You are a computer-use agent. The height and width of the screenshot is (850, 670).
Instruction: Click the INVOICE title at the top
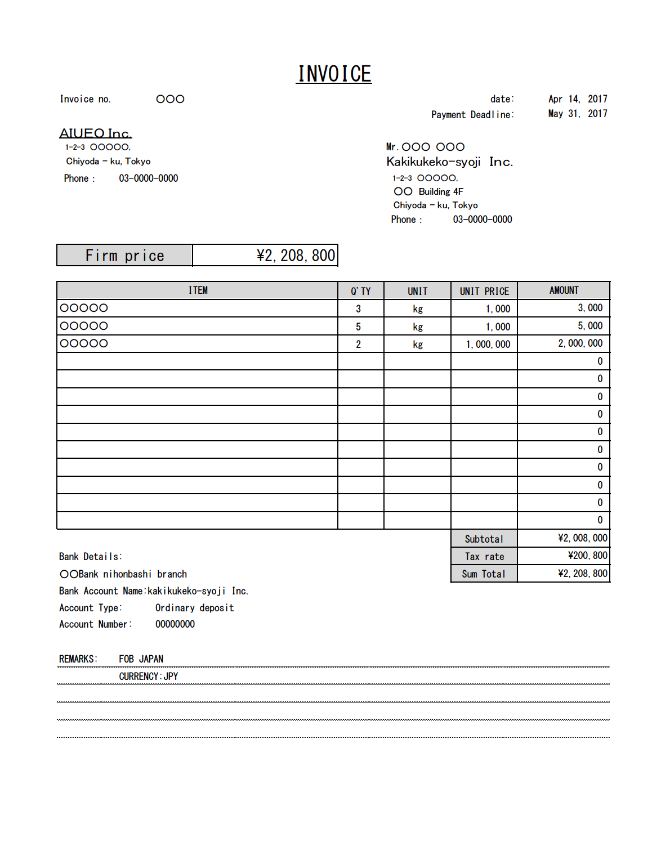(x=334, y=74)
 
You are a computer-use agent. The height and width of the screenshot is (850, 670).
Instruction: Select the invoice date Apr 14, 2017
(x=578, y=99)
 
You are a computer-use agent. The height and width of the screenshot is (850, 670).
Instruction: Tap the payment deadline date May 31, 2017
(x=578, y=114)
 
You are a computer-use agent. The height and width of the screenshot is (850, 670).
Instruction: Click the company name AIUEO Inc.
(x=96, y=133)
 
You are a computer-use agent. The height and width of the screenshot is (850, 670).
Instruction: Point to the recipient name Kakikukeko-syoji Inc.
(x=449, y=162)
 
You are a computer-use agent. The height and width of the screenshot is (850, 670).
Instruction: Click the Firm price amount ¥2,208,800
(x=296, y=256)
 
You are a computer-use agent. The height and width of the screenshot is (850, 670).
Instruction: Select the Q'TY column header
(x=360, y=291)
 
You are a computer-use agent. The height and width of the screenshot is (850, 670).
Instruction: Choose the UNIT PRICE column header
(x=484, y=291)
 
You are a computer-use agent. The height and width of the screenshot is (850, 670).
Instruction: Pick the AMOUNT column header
(x=564, y=290)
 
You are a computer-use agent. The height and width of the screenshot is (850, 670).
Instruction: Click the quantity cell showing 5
(x=358, y=326)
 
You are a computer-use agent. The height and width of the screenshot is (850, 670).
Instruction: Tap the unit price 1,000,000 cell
(x=488, y=345)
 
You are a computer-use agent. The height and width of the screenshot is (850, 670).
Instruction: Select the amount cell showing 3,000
(x=589, y=308)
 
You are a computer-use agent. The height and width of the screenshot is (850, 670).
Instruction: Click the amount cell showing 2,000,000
(x=580, y=343)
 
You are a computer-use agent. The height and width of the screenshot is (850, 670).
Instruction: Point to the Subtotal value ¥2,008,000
(x=582, y=538)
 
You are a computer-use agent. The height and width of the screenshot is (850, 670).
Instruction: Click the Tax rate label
(x=484, y=557)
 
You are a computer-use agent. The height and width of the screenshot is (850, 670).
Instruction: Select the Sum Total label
(x=484, y=574)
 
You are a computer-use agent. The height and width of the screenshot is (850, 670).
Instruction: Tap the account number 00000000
(x=175, y=624)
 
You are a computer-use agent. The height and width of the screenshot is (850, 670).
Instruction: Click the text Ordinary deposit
(x=194, y=608)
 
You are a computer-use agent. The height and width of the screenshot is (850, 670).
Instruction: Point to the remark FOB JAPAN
(x=141, y=659)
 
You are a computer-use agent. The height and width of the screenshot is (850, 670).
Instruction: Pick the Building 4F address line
(x=428, y=192)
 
